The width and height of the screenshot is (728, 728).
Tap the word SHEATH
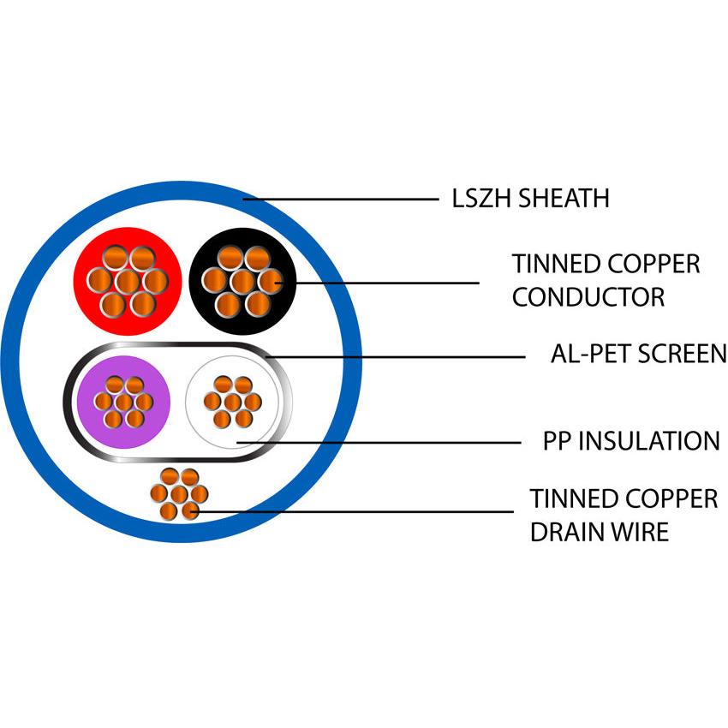click(x=566, y=199)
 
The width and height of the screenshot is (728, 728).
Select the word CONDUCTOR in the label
click(x=588, y=297)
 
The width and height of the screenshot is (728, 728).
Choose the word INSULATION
click(x=649, y=441)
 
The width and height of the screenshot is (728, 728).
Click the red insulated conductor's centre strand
click(x=127, y=280)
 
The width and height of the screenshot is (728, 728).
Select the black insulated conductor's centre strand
click(x=242, y=280)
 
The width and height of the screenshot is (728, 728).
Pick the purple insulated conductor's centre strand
click(x=124, y=402)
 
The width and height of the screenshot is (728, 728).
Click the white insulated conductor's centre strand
click(x=232, y=402)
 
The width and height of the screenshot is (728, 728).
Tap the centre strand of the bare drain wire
click(x=178, y=494)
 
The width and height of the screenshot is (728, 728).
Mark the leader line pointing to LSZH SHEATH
click(x=343, y=200)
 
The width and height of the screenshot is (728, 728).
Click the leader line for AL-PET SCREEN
click(x=394, y=355)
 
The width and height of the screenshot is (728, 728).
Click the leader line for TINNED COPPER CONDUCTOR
click(x=377, y=283)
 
